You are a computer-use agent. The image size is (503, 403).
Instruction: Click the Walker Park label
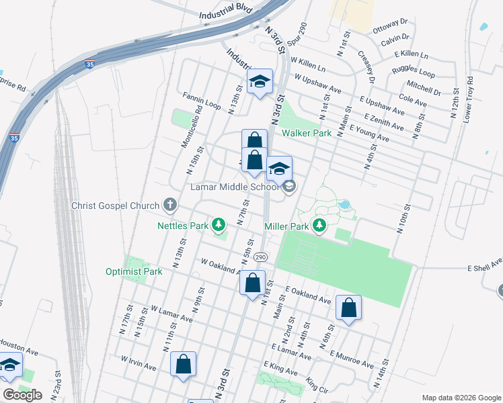[x=307, y=134]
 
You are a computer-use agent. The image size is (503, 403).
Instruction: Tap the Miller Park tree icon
[x=321, y=226]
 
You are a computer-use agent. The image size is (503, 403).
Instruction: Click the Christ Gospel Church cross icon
[x=170, y=205]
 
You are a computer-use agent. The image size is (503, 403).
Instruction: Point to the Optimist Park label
[x=134, y=272]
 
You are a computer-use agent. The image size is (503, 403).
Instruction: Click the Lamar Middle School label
[x=233, y=187]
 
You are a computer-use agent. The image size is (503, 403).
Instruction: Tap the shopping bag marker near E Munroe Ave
[x=348, y=308]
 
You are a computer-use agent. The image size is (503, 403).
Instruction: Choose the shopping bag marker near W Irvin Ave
[x=183, y=365]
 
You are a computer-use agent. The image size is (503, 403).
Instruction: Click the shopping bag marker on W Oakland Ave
[x=253, y=283]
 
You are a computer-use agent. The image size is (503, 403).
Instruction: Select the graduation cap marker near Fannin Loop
[x=260, y=83]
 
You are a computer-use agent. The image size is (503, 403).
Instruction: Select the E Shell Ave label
[x=485, y=265]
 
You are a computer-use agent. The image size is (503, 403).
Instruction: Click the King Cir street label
[x=316, y=384]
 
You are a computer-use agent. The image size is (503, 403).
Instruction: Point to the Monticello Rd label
[x=191, y=129]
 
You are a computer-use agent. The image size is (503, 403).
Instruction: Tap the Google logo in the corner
[x=22, y=395]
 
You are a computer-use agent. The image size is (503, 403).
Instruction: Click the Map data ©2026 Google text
[x=461, y=398]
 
